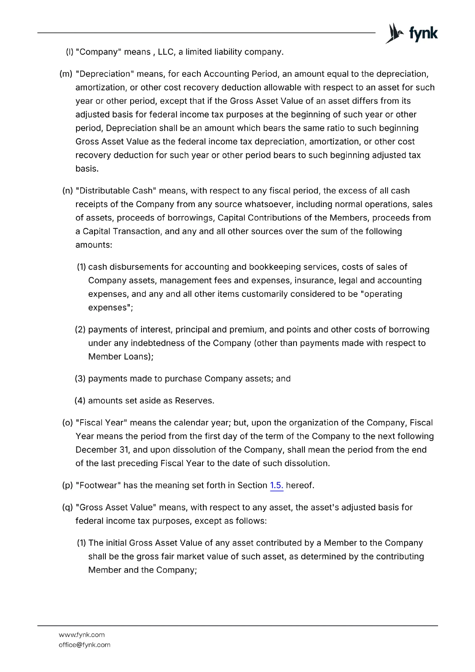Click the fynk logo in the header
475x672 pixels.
click(412, 33)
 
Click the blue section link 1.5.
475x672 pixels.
click(276, 486)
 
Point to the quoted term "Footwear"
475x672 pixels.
click(98, 486)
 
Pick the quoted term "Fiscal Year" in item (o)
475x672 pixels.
click(101, 423)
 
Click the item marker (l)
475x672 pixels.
click(69, 52)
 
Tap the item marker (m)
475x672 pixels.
click(66, 74)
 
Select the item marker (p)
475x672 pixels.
click(67, 486)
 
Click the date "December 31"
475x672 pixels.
click(102, 450)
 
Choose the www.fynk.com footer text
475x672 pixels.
click(81, 635)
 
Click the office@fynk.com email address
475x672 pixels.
click(84, 645)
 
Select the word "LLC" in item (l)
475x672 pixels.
click(165, 52)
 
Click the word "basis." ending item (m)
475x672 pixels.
click(87, 169)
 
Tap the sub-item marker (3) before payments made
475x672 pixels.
click(80, 379)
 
